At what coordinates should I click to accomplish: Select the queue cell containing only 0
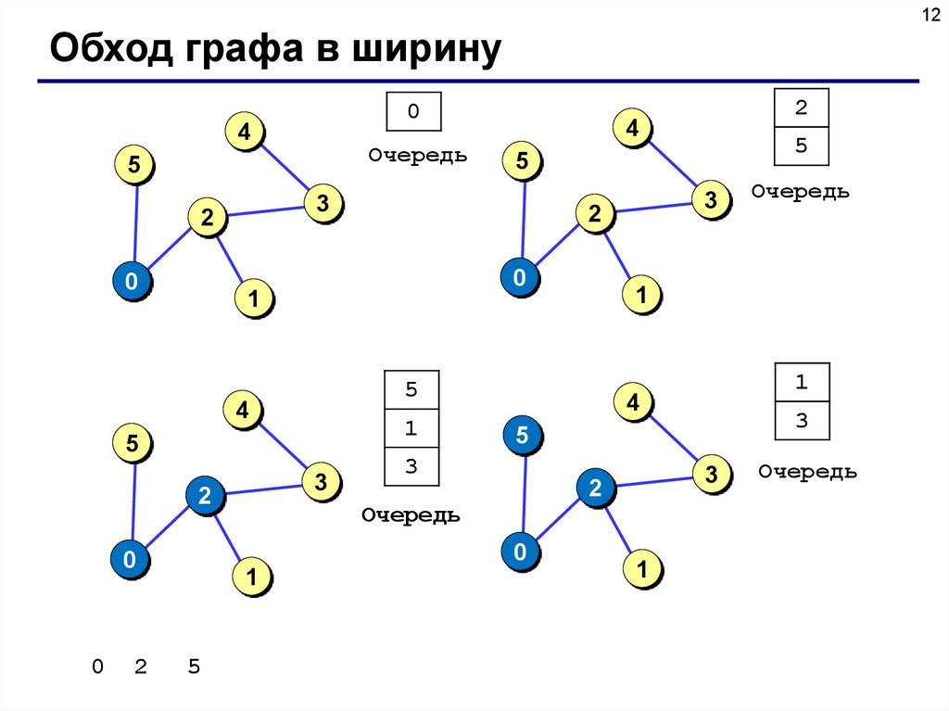(413, 111)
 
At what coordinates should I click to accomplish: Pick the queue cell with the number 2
(801, 108)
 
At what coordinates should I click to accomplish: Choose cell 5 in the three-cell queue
(411, 389)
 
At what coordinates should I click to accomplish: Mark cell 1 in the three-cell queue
(411, 428)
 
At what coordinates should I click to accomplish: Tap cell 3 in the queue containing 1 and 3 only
(802, 420)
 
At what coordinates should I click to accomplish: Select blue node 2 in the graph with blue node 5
(595, 489)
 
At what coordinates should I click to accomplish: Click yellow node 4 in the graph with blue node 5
(634, 402)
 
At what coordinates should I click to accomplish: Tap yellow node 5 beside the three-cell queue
(133, 445)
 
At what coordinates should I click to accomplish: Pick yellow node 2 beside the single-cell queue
(207, 218)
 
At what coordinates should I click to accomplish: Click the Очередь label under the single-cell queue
(417, 155)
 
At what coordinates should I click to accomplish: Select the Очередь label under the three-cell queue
(411, 515)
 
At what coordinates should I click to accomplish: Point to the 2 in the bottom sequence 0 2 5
(141, 667)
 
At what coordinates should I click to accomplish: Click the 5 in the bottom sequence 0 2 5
(194, 667)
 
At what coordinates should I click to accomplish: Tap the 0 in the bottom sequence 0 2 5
(97, 667)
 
